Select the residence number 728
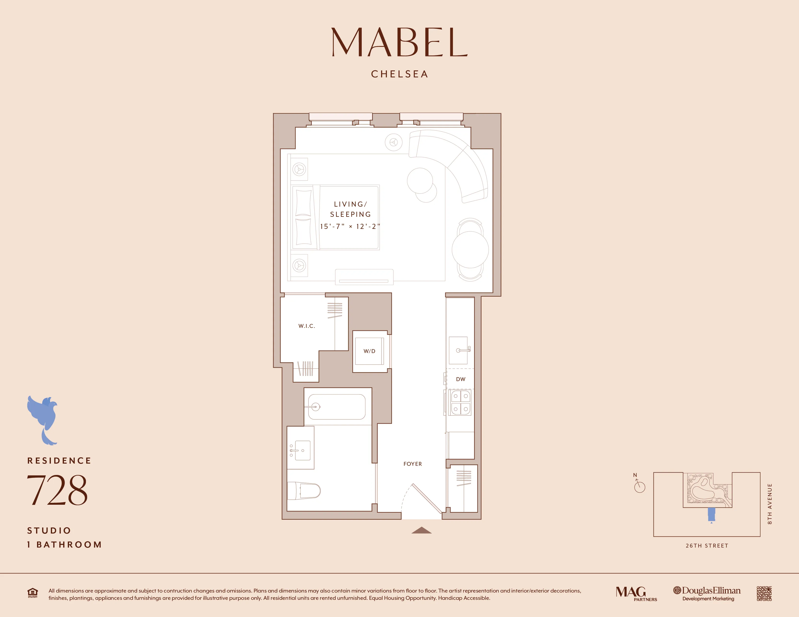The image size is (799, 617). click(x=57, y=490)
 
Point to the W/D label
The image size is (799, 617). click(x=369, y=351)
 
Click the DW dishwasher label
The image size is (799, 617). click(x=461, y=379)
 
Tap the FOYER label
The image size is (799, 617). click(x=412, y=464)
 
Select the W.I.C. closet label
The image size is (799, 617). click(x=307, y=326)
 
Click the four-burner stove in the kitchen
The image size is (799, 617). click(x=461, y=402)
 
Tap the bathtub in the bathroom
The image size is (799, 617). click(x=337, y=407)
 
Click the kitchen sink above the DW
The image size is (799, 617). click(x=459, y=350)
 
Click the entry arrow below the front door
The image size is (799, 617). click(x=422, y=530)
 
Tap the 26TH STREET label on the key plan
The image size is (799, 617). click(x=707, y=546)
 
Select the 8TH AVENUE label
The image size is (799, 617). click(x=769, y=504)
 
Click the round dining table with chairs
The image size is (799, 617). click(x=470, y=250)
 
